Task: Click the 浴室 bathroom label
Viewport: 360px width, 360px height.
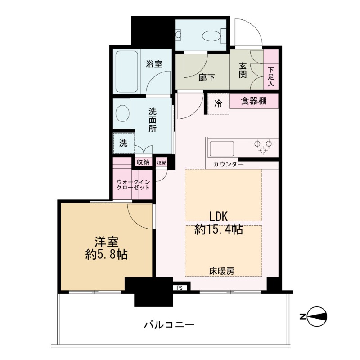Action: click(154, 64)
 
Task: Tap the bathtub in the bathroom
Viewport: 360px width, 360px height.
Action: click(127, 72)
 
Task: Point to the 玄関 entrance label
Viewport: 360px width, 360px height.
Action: click(243, 70)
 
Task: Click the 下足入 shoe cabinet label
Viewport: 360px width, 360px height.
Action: click(271, 76)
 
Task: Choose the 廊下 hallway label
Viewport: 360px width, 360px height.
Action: click(207, 78)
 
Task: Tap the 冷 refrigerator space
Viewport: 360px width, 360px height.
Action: click(218, 104)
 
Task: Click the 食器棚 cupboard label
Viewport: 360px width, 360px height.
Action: click(254, 101)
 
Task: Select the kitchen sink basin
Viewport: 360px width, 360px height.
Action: click(221, 148)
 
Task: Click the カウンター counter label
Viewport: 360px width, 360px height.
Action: click(228, 164)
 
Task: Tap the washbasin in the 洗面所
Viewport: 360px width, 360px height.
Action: click(122, 113)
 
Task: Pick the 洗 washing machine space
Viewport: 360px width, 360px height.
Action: click(123, 143)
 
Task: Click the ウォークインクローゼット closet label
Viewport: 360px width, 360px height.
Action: click(133, 185)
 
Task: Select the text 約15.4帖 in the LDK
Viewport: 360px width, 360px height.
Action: click(219, 229)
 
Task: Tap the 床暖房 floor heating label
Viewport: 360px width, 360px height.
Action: click(222, 271)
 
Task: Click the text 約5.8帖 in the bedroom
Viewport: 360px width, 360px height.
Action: click(107, 254)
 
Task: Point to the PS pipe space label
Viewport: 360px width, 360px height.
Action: click(180, 288)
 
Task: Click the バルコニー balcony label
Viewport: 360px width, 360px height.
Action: click(169, 325)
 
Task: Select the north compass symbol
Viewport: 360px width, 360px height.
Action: click(317, 317)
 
